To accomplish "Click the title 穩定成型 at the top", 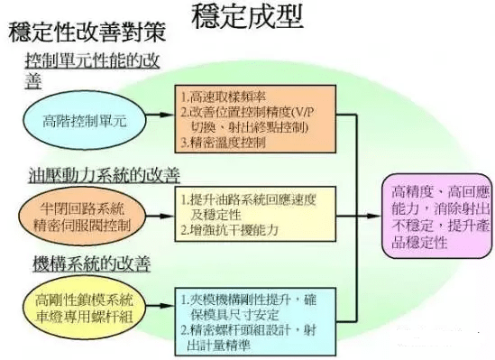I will (248, 17).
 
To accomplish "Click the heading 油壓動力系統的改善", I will (92, 174).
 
